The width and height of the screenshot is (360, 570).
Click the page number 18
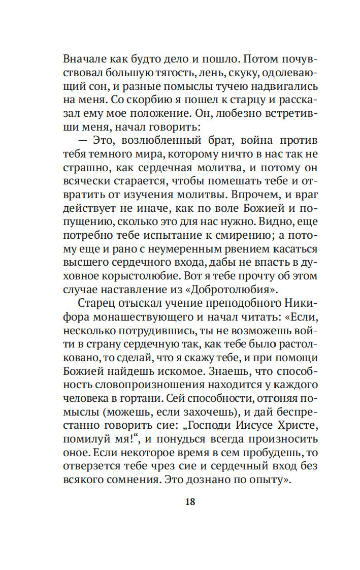[x=189, y=502]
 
